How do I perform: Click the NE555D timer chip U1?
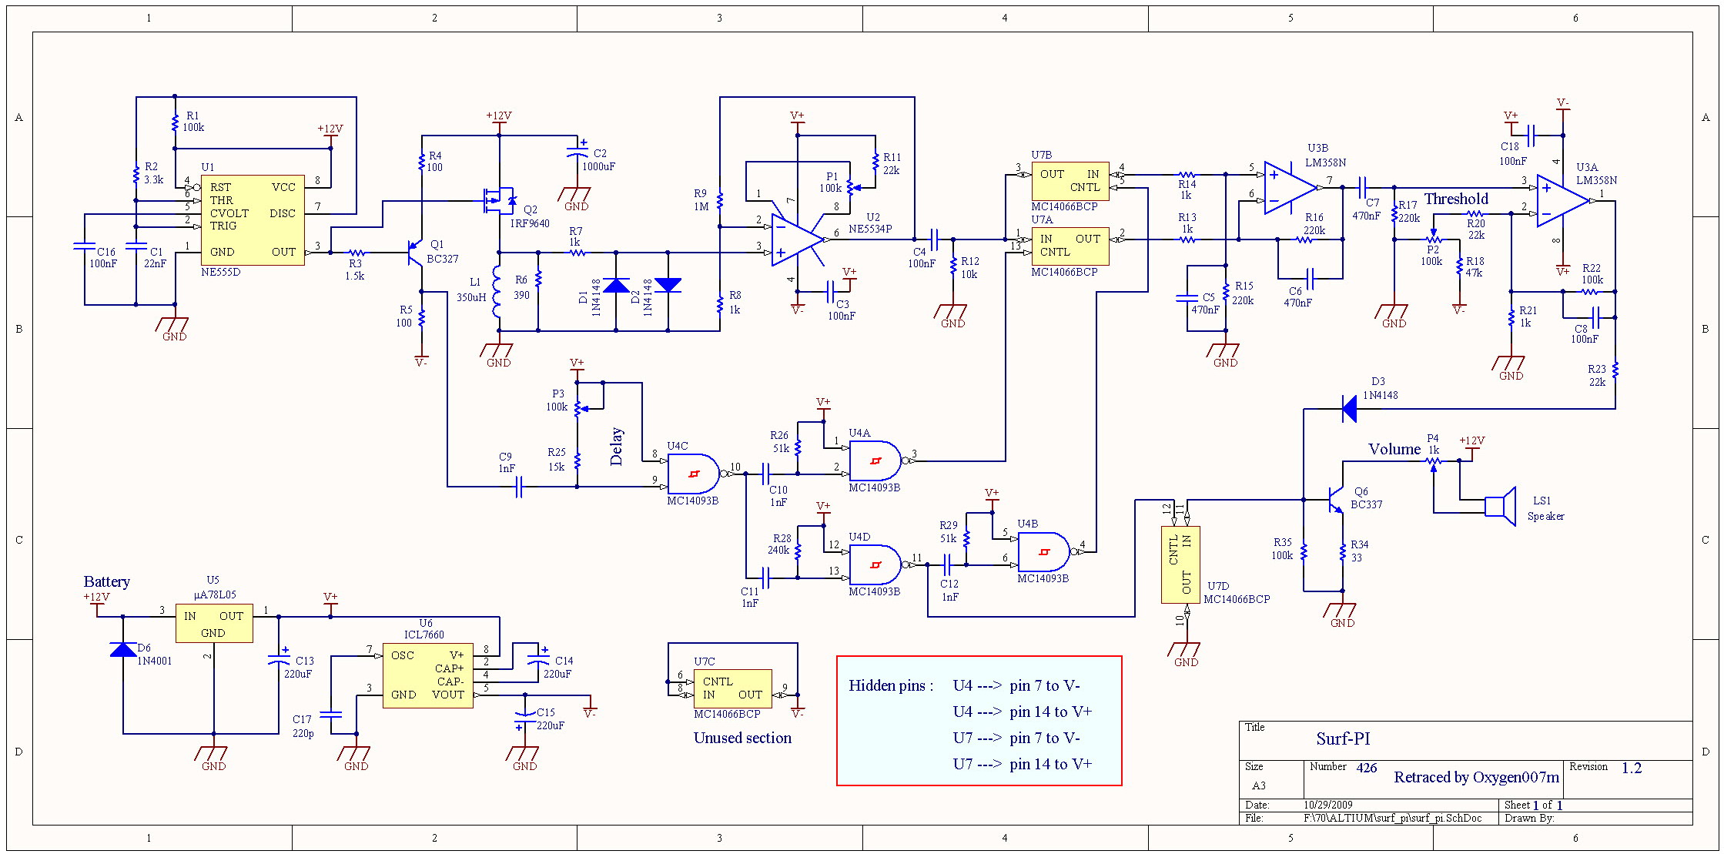(x=253, y=219)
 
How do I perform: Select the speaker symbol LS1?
(x=1501, y=506)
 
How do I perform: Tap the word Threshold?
(x=1455, y=199)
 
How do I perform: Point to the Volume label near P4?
(x=1394, y=449)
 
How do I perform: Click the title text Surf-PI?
(x=1343, y=738)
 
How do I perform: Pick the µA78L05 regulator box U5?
(x=214, y=623)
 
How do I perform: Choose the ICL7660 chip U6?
(x=427, y=675)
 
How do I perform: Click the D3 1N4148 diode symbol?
(x=1349, y=409)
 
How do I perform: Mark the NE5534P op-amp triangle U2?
(x=797, y=239)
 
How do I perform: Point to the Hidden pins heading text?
(x=891, y=685)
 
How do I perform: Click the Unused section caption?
(x=742, y=738)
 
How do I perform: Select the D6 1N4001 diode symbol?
(x=123, y=649)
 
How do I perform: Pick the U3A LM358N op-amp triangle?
(x=1562, y=201)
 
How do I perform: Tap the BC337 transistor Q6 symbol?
(x=1335, y=501)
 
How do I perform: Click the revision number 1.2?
(x=1631, y=768)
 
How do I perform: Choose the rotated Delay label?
(x=616, y=447)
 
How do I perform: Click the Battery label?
(x=106, y=581)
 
